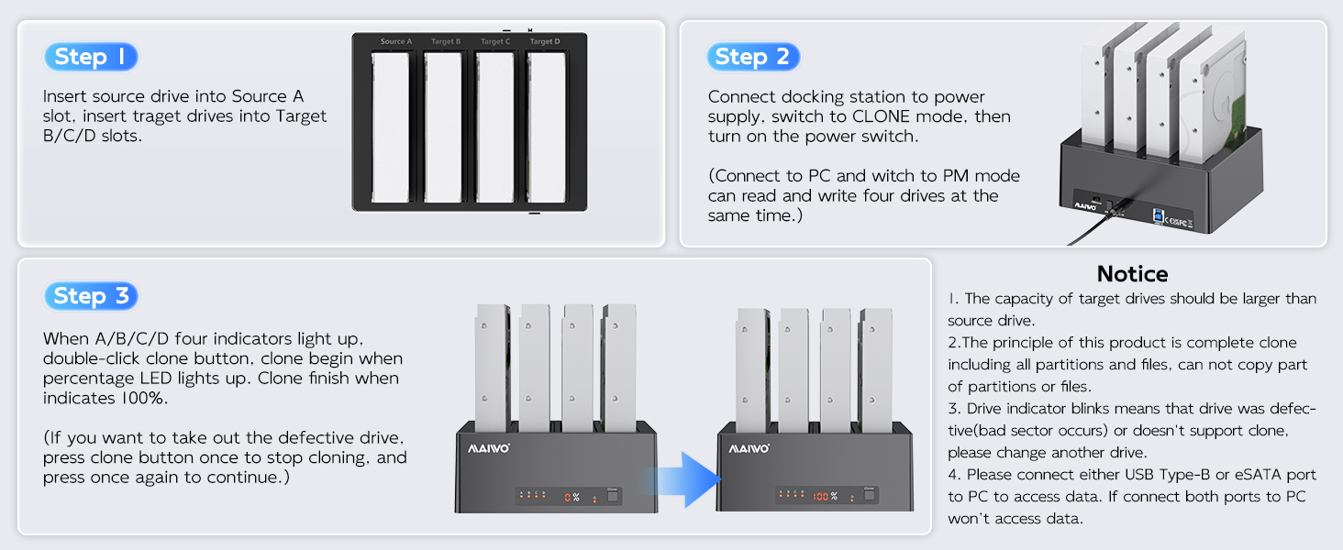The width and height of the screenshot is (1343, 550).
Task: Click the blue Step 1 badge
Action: point(90,57)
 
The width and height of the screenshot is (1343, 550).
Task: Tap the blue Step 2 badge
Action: point(752,57)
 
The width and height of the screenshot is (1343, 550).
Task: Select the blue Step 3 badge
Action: point(90,296)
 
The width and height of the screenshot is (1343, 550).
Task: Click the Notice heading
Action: point(1132,274)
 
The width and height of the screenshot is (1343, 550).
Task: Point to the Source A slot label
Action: point(396,42)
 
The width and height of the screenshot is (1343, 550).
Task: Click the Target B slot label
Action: point(446,42)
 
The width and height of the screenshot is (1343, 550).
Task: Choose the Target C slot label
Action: point(495,42)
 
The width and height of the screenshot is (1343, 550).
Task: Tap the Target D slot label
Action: point(545,42)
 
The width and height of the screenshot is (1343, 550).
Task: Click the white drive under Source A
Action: point(396,126)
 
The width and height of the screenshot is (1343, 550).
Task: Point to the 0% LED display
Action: point(572,497)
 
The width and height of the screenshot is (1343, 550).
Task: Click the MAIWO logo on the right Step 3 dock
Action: point(749,449)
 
